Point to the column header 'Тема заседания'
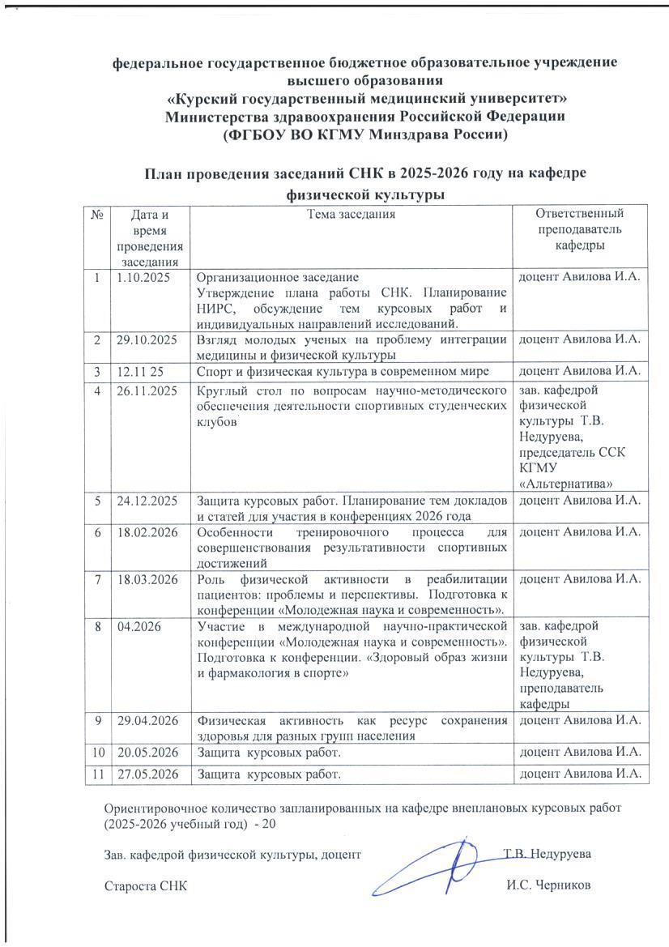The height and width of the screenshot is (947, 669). click(351, 215)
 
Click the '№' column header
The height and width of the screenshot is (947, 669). click(97, 215)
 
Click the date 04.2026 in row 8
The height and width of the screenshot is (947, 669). click(135, 625)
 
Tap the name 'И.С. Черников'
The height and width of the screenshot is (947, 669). click(548, 885)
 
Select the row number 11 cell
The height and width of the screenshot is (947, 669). click(97, 774)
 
